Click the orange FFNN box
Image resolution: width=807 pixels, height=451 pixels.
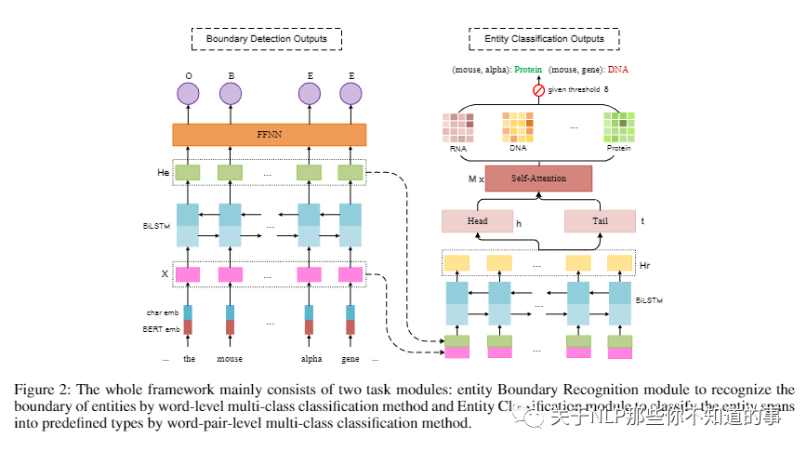pyautogui.click(x=269, y=134)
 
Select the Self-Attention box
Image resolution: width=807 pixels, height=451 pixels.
pyautogui.click(x=538, y=178)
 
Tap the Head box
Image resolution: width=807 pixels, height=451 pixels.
pyautogui.click(x=477, y=221)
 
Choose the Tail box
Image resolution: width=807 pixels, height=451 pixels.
pyautogui.click(x=600, y=221)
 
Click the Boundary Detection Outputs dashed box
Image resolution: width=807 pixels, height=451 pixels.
pyautogui.click(x=266, y=39)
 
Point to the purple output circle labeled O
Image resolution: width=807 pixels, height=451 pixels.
pyautogui.click(x=189, y=93)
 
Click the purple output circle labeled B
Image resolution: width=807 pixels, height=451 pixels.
pyautogui.click(x=230, y=93)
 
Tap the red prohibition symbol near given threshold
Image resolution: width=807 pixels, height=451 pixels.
pyautogui.click(x=537, y=90)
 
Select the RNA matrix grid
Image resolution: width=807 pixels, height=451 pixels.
pyautogui.click(x=457, y=127)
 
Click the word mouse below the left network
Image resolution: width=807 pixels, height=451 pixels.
pyautogui.click(x=230, y=359)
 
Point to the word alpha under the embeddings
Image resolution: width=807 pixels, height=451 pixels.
pyautogui.click(x=311, y=359)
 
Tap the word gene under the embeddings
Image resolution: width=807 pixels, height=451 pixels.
pyautogui.click(x=351, y=359)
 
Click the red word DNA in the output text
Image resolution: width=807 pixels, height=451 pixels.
pyautogui.click(x=617, y=70)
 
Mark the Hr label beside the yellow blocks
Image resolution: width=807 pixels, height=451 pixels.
pyautogui.click(x=645, y=264)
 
